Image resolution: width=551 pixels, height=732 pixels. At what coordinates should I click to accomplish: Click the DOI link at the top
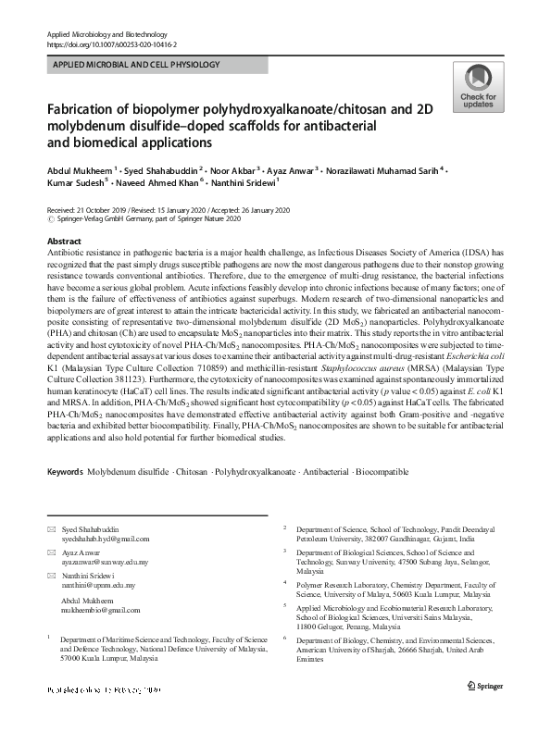click(x=111, y=44)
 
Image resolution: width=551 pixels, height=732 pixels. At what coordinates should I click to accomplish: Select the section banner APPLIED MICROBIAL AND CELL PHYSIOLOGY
click(x=135, y=65)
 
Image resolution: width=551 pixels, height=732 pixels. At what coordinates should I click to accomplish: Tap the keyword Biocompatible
click(x=380, y=472)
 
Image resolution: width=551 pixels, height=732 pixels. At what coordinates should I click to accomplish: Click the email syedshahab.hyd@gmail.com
click(x=106, y=539)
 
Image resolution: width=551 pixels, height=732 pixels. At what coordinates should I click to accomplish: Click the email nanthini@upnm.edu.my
click(x=99, y=586)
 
